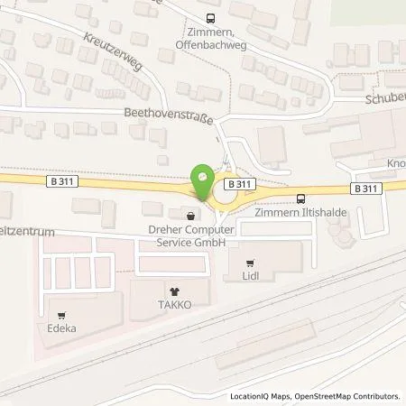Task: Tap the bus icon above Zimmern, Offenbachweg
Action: pos(211,17)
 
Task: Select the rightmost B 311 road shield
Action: pos(364,189)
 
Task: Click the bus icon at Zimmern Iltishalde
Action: pos(300,198)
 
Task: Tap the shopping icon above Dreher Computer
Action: pos(190,217)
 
